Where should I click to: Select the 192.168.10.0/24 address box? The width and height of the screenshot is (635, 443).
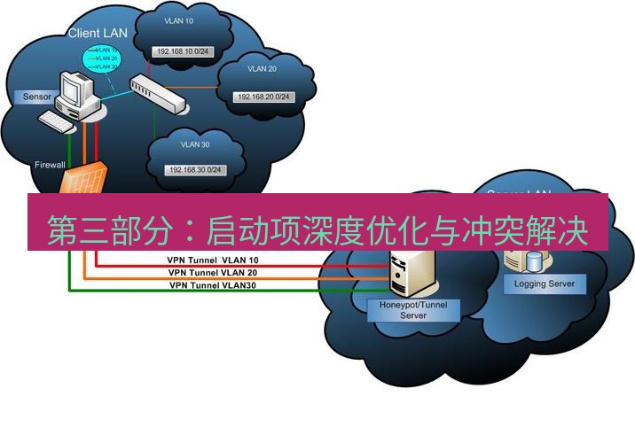183,51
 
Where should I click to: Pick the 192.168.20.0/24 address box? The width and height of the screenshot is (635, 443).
262,96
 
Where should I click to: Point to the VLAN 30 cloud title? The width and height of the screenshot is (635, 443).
195,144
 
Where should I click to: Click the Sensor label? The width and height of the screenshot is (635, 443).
37,95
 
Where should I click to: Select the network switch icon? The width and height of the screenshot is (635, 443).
160,92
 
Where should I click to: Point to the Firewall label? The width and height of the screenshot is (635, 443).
49,165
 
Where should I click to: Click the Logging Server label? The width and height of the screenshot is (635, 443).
545,284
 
